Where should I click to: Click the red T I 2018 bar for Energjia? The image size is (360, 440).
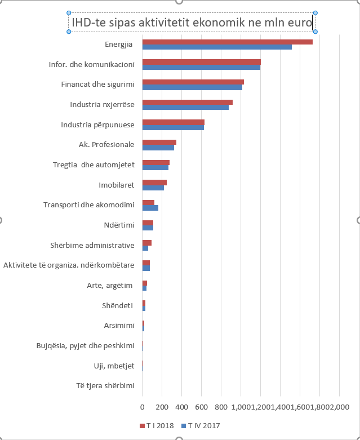[x=227, y=42]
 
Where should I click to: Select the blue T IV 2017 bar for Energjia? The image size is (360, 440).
[x=217, y=47]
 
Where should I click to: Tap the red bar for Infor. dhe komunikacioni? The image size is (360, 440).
[x=201, y=62]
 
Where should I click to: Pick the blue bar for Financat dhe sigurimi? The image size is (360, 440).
[x=192, y=87]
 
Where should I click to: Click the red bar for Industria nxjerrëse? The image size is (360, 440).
[x=187, y=102]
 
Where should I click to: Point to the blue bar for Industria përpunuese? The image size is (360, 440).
[x=173, y=128]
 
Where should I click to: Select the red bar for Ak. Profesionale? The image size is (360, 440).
[x=159, y=143]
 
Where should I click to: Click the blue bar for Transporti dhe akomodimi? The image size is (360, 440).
[x=150, y=208]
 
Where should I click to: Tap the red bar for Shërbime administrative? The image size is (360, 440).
[x=146, y=243]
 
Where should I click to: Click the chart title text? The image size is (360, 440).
[x=191, y=23]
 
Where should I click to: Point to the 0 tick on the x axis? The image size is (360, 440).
[x=143, y=407]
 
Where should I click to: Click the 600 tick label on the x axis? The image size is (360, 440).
[x=201, y=407]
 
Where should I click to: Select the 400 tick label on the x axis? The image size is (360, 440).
[x=181, y=407]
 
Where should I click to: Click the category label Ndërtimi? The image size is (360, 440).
[x=119, y=225]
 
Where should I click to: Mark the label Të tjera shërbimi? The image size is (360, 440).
[x=97, y=386]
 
